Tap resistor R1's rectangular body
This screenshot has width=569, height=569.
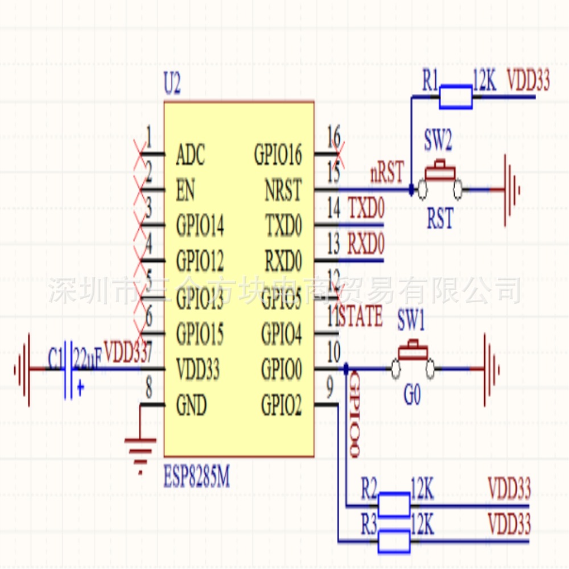[x=455, y=97]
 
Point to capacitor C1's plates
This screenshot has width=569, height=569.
[x=69, y=369]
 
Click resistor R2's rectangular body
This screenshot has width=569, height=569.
[x=393, y=504]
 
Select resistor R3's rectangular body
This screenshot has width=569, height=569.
[x=393, y=541]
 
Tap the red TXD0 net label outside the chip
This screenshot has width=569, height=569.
[x=366, y=209]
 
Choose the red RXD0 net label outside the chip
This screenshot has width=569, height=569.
[x=366, y=244]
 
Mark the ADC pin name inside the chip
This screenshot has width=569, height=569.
[x=191, y=155]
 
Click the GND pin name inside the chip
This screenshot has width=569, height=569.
[x=192, y=406]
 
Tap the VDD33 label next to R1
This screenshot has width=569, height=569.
[x=528, y=81]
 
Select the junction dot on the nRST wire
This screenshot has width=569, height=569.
[x=411, y=189]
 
